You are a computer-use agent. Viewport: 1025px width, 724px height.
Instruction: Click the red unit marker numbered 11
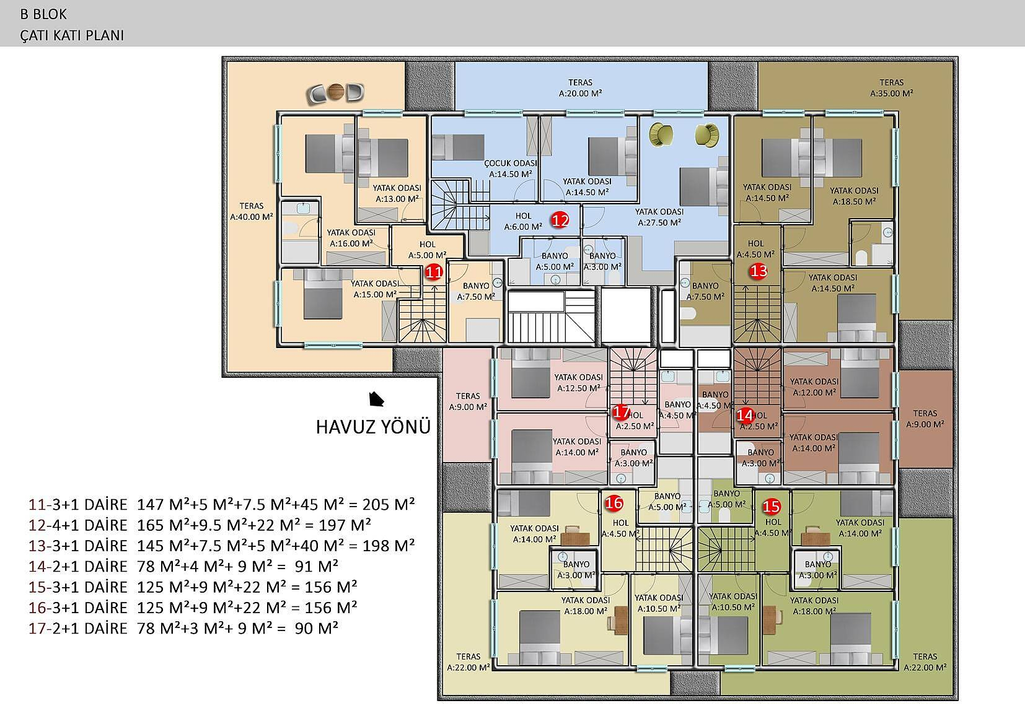434,272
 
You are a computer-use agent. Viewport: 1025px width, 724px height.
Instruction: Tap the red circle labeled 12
560,220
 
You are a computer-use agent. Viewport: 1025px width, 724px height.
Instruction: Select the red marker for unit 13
759,271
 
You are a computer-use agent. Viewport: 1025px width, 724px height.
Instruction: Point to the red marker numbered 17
620,412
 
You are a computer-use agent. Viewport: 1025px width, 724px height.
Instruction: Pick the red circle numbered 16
614,503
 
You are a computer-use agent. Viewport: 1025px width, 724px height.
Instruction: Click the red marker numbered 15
771,506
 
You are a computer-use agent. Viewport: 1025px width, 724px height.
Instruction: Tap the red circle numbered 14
744,416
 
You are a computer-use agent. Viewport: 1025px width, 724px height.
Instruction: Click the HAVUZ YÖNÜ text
373,427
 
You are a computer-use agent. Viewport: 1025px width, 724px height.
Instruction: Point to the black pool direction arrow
376,399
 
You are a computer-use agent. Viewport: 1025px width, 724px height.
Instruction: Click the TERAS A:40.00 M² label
251,211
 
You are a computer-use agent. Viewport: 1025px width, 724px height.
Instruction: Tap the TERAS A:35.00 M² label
891,88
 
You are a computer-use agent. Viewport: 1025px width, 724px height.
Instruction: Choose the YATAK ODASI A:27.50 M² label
659,217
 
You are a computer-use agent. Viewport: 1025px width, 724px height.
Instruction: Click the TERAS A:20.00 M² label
580,88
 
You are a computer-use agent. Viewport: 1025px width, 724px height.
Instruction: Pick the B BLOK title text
43,14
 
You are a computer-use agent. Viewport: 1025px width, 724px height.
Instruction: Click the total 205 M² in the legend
389,505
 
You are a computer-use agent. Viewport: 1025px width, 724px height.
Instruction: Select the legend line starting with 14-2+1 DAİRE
183,566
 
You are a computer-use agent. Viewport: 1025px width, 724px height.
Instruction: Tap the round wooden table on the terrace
337,92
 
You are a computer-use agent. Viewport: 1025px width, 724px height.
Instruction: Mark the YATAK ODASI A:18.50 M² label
854,196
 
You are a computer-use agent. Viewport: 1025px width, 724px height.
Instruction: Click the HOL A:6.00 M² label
523,221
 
